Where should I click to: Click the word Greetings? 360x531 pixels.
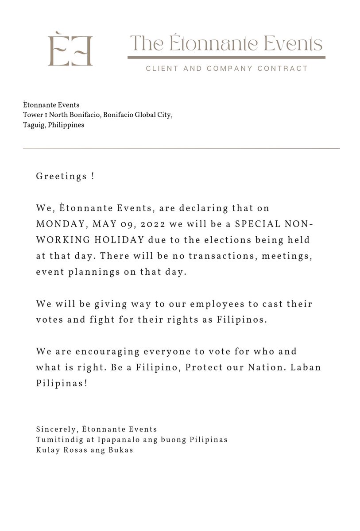[62, 176]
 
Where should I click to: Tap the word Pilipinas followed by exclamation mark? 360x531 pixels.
[61, 384]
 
